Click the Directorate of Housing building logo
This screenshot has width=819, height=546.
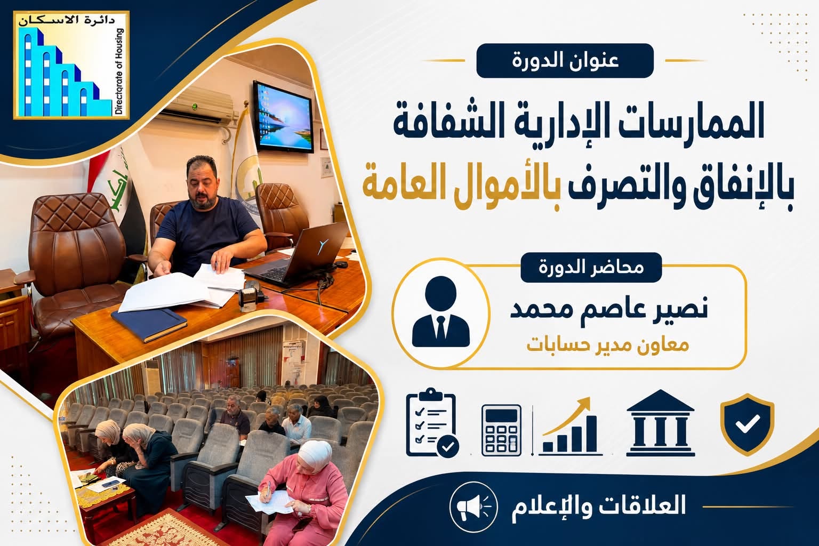(x=71, y=65)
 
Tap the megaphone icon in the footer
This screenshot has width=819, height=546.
(x=473, y=507)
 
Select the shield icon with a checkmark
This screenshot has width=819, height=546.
(x=748, y=424)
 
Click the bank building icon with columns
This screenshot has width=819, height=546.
(x=660, y=423)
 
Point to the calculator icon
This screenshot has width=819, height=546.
(x=501, y=430)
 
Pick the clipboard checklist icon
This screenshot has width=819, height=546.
(x=432, y=423)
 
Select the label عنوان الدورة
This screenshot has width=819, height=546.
(x=565, y=60)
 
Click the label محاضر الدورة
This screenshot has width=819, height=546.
(x=591, y=267)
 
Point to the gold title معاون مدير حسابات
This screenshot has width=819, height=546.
(x=608, y=345)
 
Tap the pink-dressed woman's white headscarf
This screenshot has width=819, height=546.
(x=315, y=456)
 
